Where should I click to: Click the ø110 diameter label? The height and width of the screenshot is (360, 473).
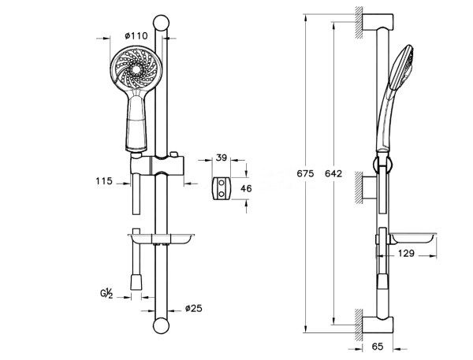pos(137,35)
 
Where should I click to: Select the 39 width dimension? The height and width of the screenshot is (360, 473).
pos(222,158)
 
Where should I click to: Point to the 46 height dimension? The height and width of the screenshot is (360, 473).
pos(246,188)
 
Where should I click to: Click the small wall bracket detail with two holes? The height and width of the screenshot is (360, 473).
pos(223,188)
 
